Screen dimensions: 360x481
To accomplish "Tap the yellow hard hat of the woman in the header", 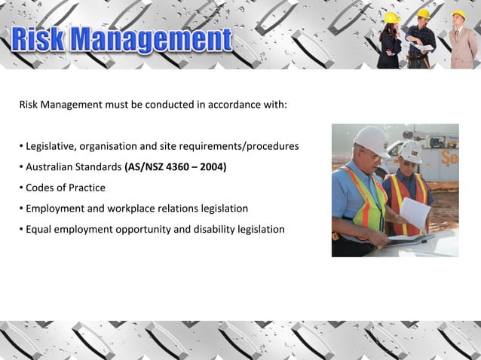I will (x=391, y=17).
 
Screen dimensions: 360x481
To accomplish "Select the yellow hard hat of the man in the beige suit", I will (x=458, y=14).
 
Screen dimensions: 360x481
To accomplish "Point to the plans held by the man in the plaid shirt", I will (x=423, y=47).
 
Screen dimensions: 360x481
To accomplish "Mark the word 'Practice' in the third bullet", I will (x=87, y=188).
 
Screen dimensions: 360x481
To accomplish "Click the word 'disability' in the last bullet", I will (x=216, y=229).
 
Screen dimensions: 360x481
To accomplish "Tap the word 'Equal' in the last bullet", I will (x=39, y=229).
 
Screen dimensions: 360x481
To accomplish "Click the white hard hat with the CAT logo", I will (x=411, y=150).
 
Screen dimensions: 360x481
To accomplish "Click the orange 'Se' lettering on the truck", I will (x=449, y=158).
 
